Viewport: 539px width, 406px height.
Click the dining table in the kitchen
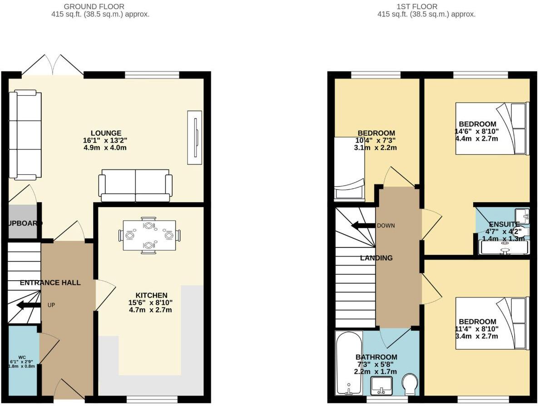coord(149,236)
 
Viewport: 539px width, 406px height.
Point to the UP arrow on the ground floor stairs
coord(28,306)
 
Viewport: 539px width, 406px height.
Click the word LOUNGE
coord(105,133)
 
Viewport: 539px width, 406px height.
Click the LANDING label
coord(376,258)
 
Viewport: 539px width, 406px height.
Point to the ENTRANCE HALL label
coord(50,282)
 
